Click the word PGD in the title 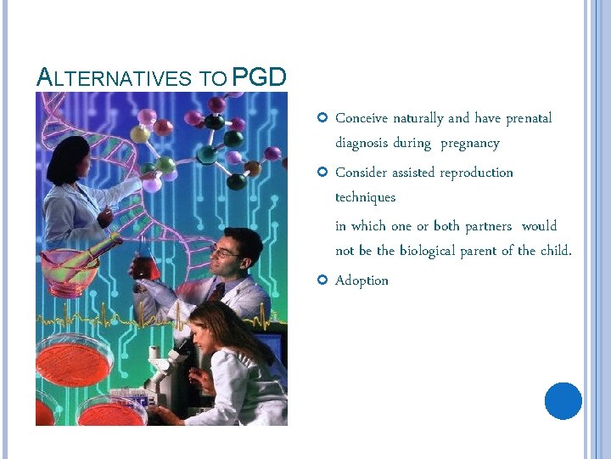259,77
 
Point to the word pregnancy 469,143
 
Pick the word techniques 365,196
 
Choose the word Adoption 362,280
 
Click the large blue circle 563,400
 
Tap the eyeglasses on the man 224,252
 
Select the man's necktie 219,293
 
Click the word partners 487,225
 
